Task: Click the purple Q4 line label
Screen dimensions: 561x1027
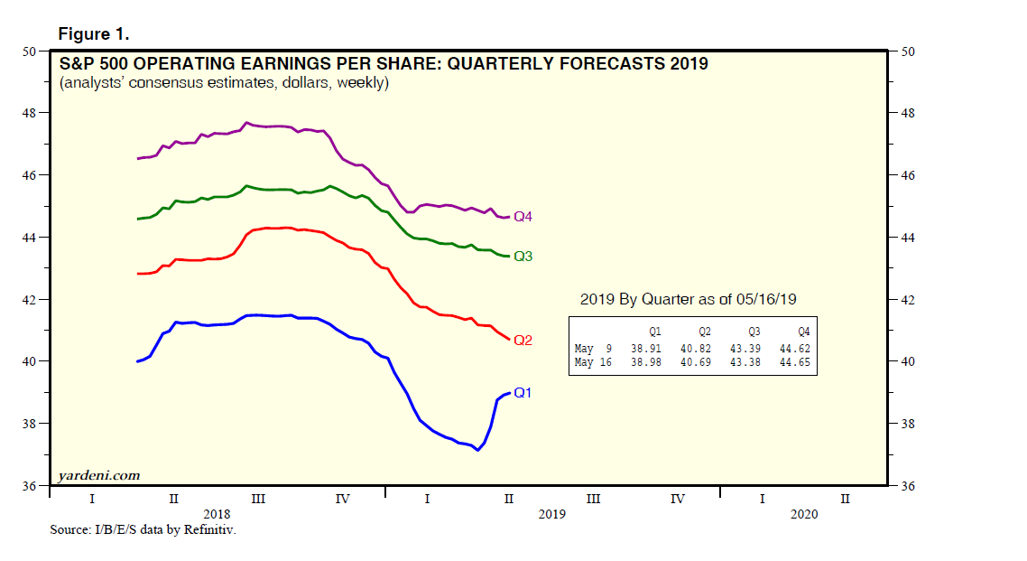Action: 523,217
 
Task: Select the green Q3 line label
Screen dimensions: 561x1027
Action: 523,257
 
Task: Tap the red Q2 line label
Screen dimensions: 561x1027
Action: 523,341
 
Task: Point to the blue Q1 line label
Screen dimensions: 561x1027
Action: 523,393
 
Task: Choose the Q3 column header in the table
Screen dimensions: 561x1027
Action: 754,332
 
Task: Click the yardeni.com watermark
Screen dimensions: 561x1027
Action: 98,475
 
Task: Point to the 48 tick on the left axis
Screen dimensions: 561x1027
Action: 30,113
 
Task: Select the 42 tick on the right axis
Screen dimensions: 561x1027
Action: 908,300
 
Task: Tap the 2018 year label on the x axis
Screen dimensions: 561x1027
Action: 217,513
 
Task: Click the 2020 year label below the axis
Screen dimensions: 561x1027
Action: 803,513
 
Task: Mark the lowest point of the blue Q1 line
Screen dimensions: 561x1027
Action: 476,450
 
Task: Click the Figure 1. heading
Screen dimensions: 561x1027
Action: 94,34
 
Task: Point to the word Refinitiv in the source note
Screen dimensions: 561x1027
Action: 209,530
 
